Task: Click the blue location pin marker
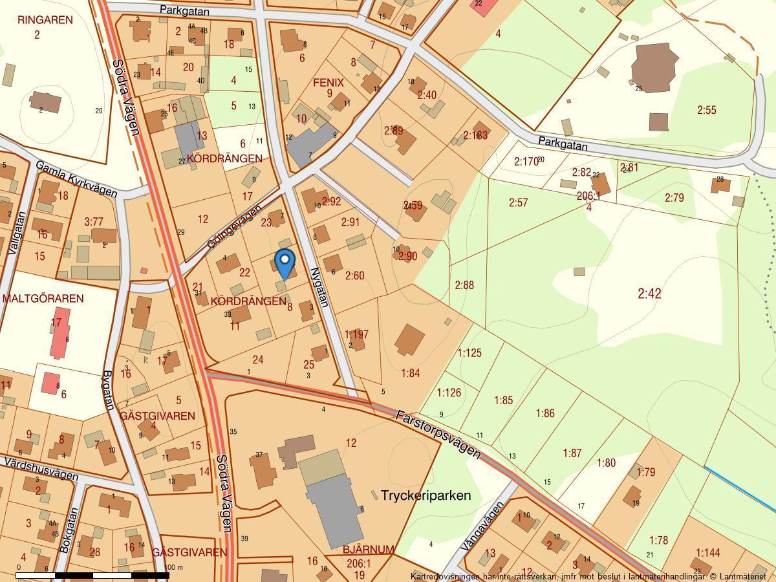pyautogui.click(x=285, y=262)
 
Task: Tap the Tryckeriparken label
pyautogui.click(x=426, y=495)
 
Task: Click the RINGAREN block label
pyautogui.click(x=45, y=20)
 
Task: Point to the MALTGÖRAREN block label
pyautogui.click(x=43, y=299)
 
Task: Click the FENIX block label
pyautogui.click(x=328, y=83)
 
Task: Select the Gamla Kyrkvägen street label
pyautogui.click(x=76, y=179)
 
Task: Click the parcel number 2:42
pyautogui.click(x=649, y=294)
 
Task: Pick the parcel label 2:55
pyautogui.click(x=707, y=111)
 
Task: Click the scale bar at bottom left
pyautogui.click(x=92, y=574)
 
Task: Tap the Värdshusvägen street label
pyautogui.click(x=41, y=469)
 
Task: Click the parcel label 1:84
pyautogui.click(x=411, y=373)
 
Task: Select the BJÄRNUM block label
pyautogui.click(x=368, y=550)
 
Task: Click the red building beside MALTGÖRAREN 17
pyautogui.click(x=59, y=334)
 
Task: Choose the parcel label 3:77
pyautogui.click(x=94, y=222)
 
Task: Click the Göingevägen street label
pyautogui.click(x=233, y=226)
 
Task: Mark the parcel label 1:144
pyautogui.click(x=708, y=552)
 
